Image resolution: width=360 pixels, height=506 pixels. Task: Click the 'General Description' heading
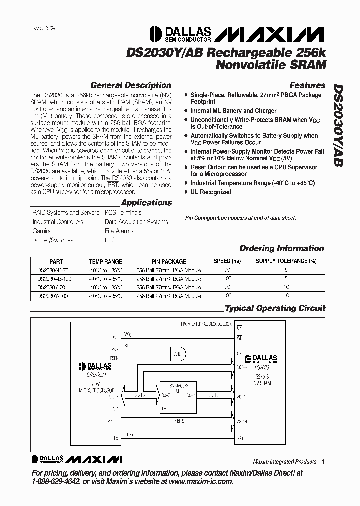coord(131,85)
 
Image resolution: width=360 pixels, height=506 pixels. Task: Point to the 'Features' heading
coord(307,85)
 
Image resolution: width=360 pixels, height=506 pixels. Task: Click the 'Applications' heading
coord(146,203)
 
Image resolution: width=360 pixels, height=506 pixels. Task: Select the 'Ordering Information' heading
coord(282,248)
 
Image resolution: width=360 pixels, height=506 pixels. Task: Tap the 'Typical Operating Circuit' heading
coord(275,308)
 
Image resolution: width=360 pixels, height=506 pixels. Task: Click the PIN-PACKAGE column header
coord(169,261)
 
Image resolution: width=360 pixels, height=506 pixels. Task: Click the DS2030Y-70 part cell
coord(53,287)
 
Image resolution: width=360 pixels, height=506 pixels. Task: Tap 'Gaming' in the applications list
coord(43,231)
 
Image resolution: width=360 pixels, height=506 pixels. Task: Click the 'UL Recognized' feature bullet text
coord(211,192)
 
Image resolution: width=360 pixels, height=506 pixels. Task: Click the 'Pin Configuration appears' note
coord(240,218)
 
